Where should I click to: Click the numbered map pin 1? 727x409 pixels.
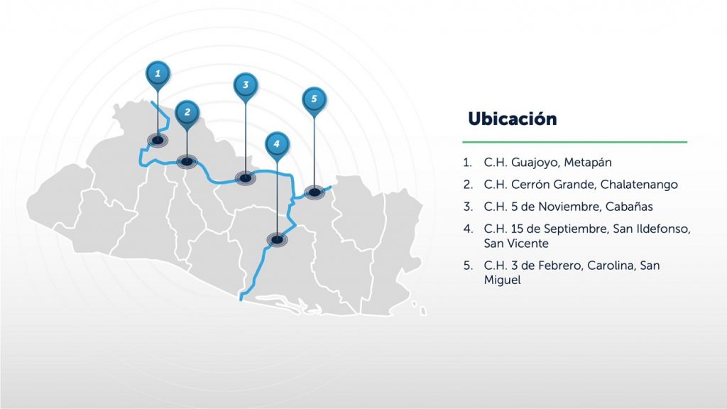[x=158, y=74]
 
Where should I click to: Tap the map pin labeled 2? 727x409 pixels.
[x=187, y=113]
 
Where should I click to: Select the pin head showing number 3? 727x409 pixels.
[x=246, y=85]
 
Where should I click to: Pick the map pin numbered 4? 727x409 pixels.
[x=278, y=144]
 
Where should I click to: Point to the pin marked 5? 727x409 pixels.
[x=315, y=99]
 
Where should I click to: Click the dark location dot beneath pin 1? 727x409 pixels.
[x=158, y=140]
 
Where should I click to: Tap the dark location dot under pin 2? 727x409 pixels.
[x=187, y=162]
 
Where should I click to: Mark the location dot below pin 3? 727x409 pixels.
[x=245, y=178]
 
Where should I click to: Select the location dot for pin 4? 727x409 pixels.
[x=277, y=239]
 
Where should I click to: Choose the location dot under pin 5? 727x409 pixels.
[x=315, y=192]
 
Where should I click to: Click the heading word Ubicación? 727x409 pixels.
[x=513, y=119]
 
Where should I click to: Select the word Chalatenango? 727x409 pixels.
[x=639, y=185]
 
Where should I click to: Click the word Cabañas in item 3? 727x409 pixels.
[x=629, y=207]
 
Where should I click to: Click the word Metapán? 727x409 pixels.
[x=588, y=163]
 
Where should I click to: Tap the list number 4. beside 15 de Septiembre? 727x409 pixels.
[x=468, y=229]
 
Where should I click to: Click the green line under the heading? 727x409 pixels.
[x=575, y=142]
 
